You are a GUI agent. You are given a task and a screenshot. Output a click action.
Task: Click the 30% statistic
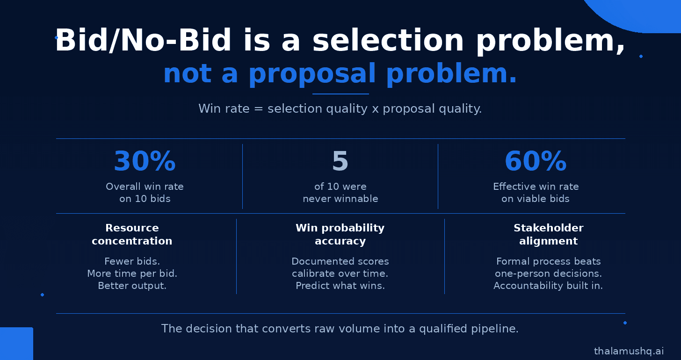click(145, 161)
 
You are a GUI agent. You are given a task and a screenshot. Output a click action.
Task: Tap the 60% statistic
click(536, 161)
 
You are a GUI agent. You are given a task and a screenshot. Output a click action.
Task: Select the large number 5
click(340, 161)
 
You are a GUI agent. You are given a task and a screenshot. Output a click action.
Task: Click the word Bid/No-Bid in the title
click(143, 40)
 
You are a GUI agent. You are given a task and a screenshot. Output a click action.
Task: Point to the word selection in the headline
click(388, 40)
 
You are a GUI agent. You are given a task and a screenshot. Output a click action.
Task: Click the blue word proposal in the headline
click(312, 73)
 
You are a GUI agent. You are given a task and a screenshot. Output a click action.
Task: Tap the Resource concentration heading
click(132, 234)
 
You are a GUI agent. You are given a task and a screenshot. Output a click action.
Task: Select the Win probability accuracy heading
click(340, 234)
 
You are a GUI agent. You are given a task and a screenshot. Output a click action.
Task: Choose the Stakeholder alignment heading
click(549, 234)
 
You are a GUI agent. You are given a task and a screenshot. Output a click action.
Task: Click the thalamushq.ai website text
click(629, 351)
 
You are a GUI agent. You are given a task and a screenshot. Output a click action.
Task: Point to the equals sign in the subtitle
click(258, 109)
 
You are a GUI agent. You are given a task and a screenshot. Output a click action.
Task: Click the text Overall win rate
click(145, 186)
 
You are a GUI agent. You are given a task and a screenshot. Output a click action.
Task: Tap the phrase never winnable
click(340, 199)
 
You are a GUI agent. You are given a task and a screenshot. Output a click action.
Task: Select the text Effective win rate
click(536, 186)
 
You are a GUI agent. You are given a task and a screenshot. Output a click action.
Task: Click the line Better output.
click(132, 286)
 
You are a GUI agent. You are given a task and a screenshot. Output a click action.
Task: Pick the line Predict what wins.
click(340, 286)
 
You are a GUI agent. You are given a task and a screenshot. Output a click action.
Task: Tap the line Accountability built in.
click(548, 286)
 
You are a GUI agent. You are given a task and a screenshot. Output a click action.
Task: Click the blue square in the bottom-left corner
click(16, 344)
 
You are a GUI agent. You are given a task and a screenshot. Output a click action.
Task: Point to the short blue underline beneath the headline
click(340, 94)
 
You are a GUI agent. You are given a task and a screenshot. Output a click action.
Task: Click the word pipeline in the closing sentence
click(495, 329)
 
